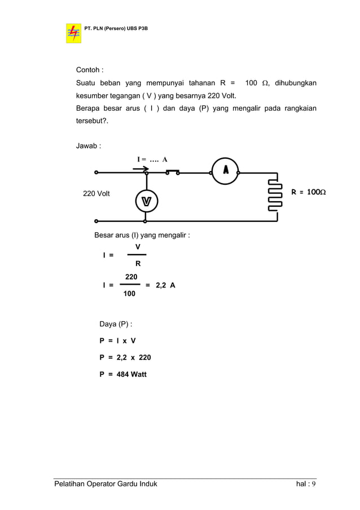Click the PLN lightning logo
tap(73, 32)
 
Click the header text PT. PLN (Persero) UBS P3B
tap(116, 27)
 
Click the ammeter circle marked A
tap(225, 171)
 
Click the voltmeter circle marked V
tap(146, 200)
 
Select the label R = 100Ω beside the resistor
tap(308, 193)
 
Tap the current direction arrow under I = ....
tap(144, 168)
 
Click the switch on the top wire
tap(173, 172)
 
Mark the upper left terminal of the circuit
tap(96, 172)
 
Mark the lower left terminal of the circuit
tap(96, 221)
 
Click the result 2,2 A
tap(165, 285)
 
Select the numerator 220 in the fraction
tap(131, 277)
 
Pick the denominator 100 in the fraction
tap(129, 294)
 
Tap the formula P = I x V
tap(117, 341)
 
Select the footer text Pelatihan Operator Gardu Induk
tap(106, 485)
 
